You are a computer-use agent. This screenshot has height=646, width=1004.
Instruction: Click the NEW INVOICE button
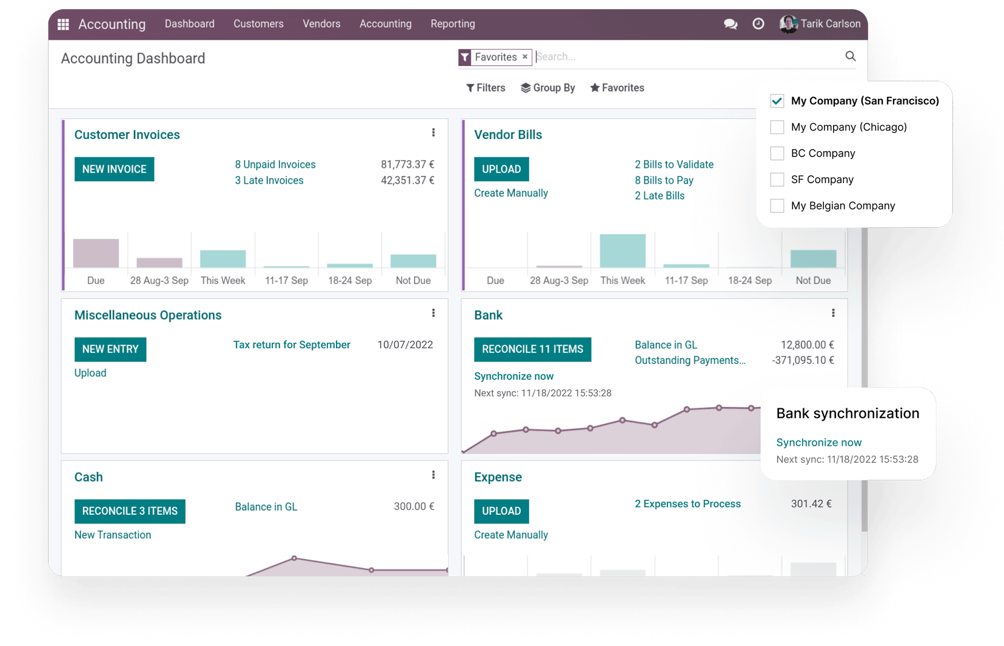click(x=114, y=169)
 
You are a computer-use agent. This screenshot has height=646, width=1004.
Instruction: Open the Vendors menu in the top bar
click(x=321, y=24)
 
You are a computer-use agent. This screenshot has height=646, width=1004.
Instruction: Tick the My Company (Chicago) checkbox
click(x=777, y=127)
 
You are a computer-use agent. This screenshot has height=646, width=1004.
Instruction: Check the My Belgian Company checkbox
click(x=777, y=206)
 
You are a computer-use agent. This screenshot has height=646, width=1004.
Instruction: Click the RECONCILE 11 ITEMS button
click(x=532, y=349)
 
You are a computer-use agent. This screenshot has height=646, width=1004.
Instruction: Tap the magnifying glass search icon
click(x=850, y=56)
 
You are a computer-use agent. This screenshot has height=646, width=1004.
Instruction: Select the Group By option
click(x=547, y=88)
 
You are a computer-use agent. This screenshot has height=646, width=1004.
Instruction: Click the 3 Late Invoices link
click(x=269, y=180)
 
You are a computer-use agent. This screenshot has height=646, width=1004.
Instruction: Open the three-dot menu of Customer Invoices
click(x=433, y=133)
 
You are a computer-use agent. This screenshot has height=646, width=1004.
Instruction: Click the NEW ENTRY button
click(x=110, y=349)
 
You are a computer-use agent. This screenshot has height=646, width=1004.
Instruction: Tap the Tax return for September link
click(x=292, y=345)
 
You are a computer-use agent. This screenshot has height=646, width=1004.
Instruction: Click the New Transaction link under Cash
click(x=113, y=535)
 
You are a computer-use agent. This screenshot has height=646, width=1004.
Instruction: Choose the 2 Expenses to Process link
click(x=688, y=504)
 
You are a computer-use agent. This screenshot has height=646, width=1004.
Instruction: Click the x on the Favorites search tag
click(x=525, y=57)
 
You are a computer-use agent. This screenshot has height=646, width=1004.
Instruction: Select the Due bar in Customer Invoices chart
click(x=96, y=254)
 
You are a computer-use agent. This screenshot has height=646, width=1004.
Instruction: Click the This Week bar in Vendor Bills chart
click(x=623, y=251)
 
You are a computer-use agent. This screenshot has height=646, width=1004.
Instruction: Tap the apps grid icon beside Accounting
click(x=63, y=24)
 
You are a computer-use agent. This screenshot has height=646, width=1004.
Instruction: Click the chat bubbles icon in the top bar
click(x=731, y=24)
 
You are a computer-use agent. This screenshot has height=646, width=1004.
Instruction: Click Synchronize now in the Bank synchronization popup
click(x=818, y=443)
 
